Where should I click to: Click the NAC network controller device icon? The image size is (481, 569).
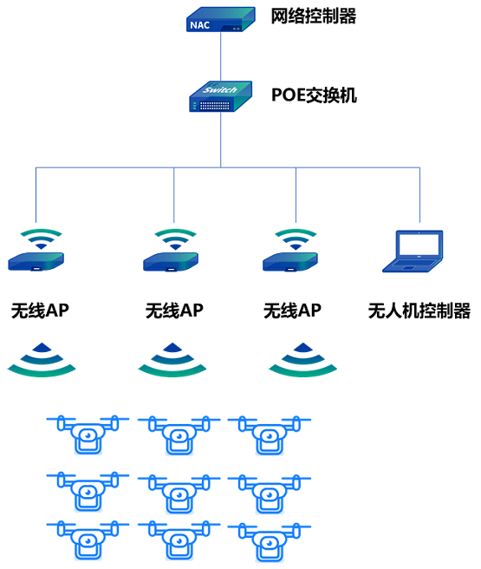tap(221, 20)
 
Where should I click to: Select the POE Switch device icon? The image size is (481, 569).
tap(220, 96)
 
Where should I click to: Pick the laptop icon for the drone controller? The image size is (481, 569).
tap(419, 252)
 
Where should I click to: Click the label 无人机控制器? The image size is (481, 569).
tap(419, 311)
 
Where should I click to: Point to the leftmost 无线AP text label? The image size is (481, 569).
tap(39, 311)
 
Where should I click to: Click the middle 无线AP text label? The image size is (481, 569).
tap(174, 311)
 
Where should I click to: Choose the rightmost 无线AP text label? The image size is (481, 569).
tap(293, 311)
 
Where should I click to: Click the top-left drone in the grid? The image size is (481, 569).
tap(88, 434)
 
